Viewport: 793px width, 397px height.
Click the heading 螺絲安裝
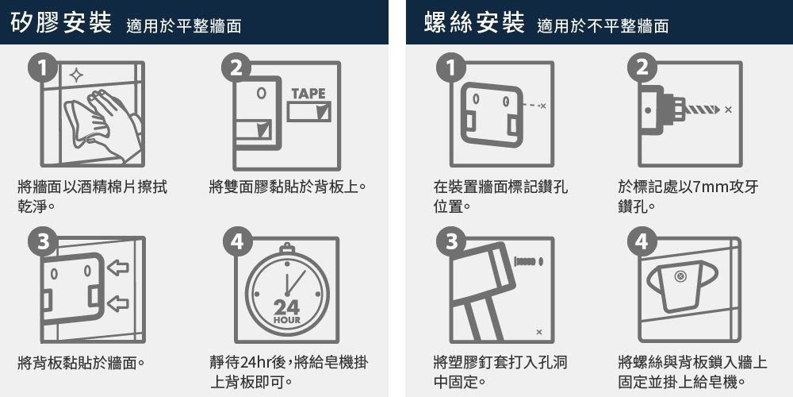coord(474,24)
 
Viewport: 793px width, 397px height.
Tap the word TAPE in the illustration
coord(308,94)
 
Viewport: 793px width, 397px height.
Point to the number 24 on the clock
coord(286,307)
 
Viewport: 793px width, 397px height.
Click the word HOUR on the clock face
coord(286,320)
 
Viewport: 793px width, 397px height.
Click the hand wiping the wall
coord(103,119)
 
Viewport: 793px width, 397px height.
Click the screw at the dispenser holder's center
coord(679,276)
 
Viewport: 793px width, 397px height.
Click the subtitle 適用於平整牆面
coord(183,27)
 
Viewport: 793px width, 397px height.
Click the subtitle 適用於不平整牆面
coord(602,27)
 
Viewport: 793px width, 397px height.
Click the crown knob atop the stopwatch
coord(286,249)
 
